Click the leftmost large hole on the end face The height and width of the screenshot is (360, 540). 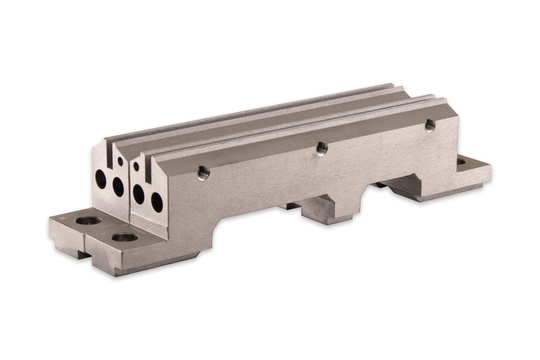(x=100, y=179)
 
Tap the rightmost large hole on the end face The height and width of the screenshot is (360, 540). (x=157, y=202)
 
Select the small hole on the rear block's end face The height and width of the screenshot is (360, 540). (x=120, y=161)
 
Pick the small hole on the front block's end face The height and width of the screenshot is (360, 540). (x=136, y=167)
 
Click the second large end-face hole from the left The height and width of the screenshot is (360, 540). (x=118, y=187)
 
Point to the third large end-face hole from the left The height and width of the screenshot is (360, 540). (x=138, y=194)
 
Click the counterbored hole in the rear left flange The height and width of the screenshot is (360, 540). (x=88, y=220)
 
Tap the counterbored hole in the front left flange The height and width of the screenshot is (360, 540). (x=124, y=238)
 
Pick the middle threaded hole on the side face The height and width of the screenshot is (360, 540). (x=322, y=148)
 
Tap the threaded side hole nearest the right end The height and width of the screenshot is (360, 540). (x=430, y=125)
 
